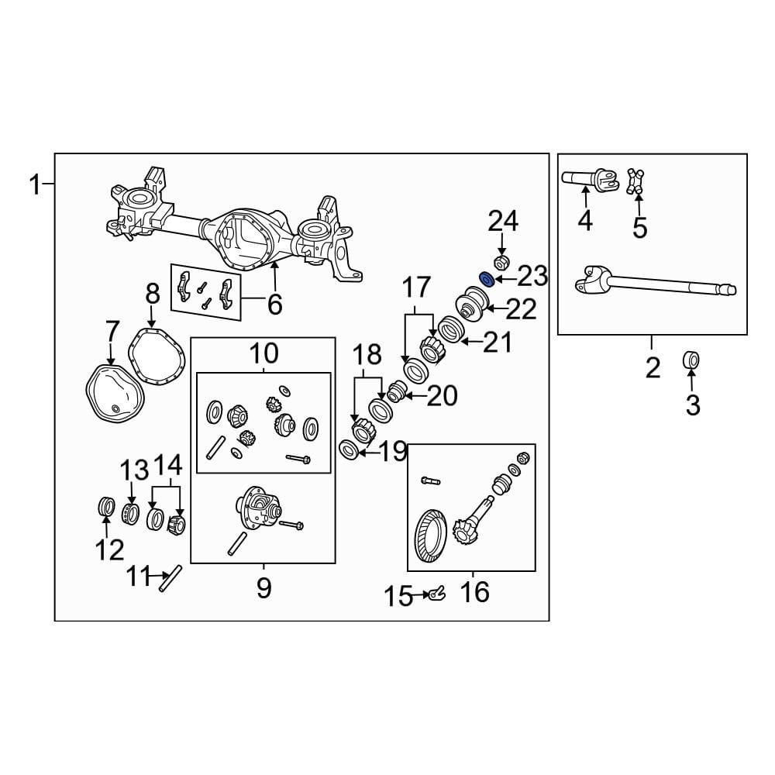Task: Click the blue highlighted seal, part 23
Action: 487,278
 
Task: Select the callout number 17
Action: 415,288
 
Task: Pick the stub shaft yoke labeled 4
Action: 589,181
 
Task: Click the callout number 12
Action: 109,550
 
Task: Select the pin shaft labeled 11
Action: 170,579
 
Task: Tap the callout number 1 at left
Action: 34,184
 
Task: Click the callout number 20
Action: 442,396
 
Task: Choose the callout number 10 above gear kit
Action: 263,354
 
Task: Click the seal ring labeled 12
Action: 105,507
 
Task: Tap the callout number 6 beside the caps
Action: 274,305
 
